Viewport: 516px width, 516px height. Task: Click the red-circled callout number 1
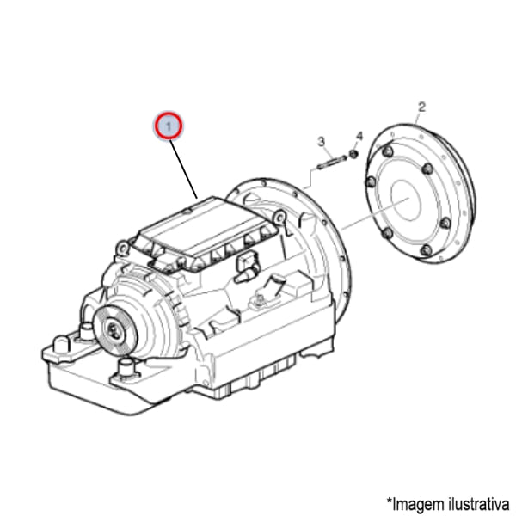tap(169, 126)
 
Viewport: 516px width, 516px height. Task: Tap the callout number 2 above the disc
tap(421, 107)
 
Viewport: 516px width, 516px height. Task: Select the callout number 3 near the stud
tap(321, 142)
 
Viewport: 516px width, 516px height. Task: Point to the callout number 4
tap(359, 136)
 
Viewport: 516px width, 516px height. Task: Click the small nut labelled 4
tap(353, 154)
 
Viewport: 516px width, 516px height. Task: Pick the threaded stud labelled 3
tap(332, 163)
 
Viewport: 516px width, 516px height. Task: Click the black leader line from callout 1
tap(184, 169)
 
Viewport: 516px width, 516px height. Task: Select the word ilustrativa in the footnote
tap(479, 503)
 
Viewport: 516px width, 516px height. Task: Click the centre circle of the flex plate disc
tap(406, 200)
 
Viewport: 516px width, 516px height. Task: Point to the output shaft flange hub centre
tap(113, 329)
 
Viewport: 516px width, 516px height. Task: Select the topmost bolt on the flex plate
tap(389, 152)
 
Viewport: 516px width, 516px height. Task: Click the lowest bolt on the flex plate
tap(426, 250)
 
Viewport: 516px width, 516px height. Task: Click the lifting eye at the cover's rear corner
tap(122, 248)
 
